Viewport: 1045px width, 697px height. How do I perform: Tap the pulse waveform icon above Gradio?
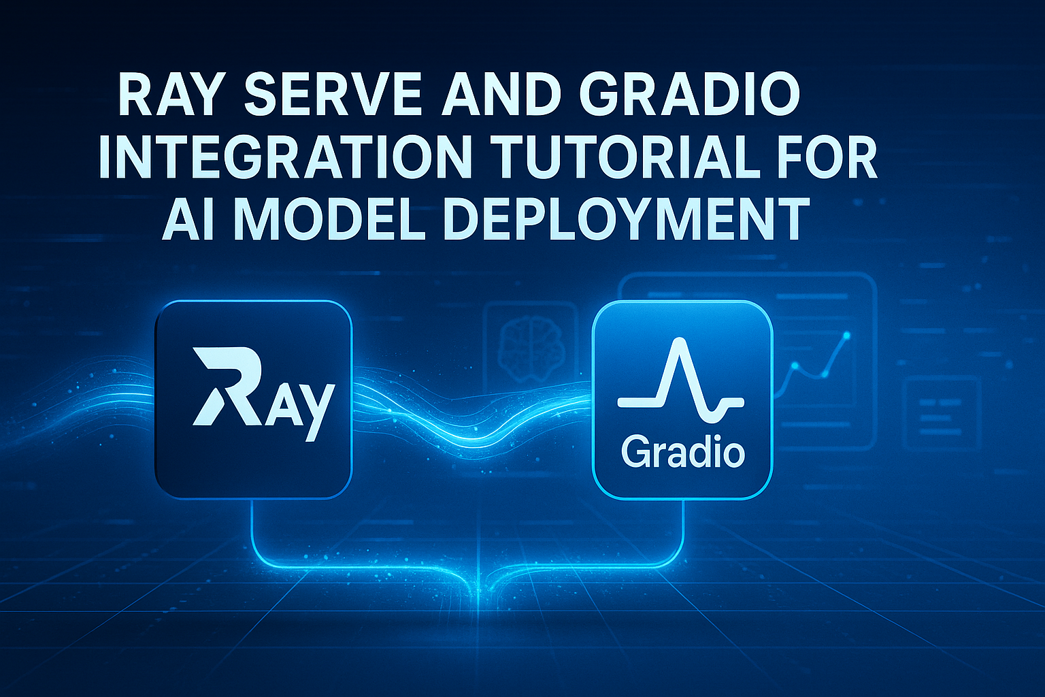[x=680, y=380]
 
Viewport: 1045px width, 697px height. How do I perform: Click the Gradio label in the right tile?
[x=683, y=453]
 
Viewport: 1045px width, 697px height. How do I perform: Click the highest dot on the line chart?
[x=847, y=335]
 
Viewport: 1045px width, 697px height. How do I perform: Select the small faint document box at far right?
[x=942, y=414]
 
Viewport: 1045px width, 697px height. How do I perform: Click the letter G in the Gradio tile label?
[x=635, y=453]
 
